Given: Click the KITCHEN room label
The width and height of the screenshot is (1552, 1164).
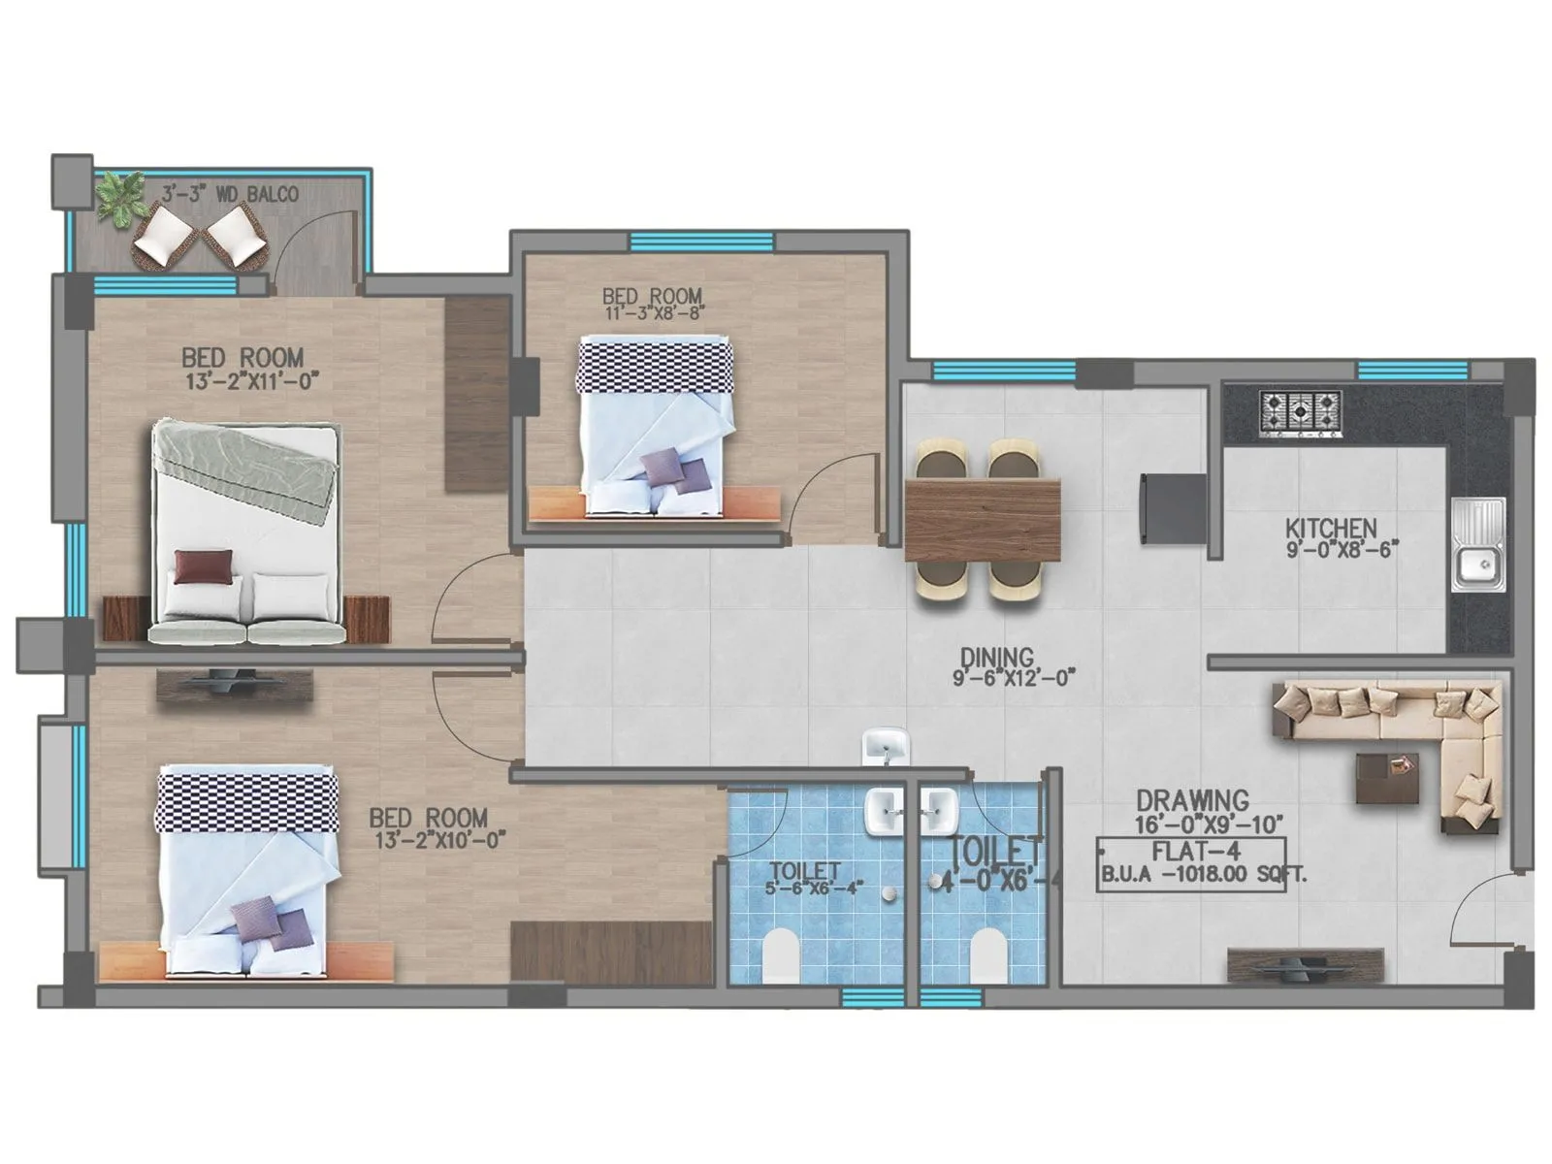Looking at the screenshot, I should [1331, 528].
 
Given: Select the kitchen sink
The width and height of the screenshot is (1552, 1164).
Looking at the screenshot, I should [1478, 545].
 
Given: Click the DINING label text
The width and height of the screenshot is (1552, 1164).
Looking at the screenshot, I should [997, 657].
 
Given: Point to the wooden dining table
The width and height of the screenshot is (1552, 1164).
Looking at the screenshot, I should [982, 520].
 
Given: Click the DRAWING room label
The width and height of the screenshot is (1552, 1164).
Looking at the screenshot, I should [1192, 800].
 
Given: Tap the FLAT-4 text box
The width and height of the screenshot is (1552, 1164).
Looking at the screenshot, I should [1191, 852].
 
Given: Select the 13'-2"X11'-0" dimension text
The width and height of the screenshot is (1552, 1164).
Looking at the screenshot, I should [252, 381].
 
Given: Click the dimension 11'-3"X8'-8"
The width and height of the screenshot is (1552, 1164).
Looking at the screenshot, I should [653, 313].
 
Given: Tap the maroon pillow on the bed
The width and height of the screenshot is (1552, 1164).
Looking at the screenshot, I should [204, 566].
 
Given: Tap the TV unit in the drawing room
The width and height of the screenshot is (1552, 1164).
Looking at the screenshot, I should [1305, 964].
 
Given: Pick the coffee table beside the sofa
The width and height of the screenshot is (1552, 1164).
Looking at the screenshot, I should [1386, 776].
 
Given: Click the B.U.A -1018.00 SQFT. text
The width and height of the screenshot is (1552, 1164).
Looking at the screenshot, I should [1203, 874].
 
